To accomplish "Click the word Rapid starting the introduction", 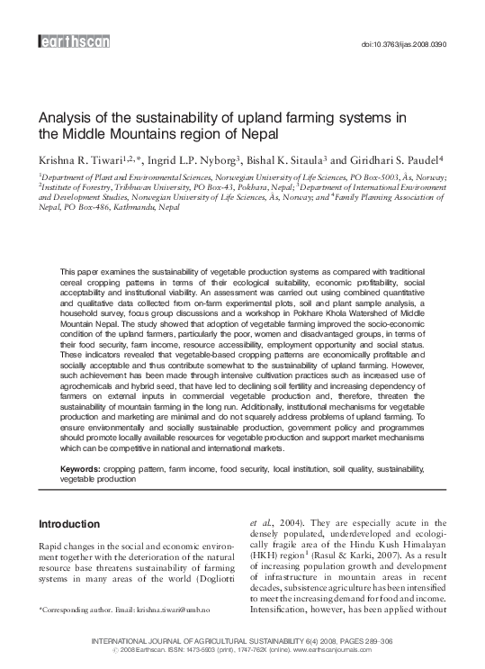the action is click(x=54, y=547).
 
